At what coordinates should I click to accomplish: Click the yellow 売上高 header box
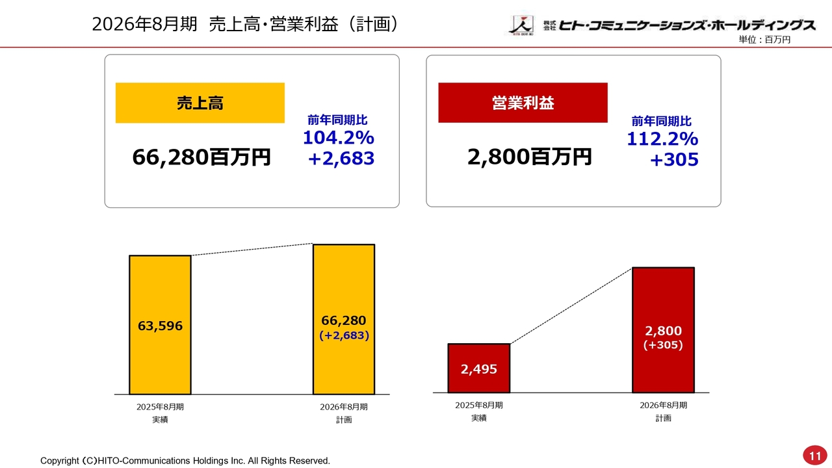[x=200, y=103]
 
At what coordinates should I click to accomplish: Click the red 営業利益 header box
[x=523, y=103]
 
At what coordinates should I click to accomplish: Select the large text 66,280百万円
[x=201, y=157]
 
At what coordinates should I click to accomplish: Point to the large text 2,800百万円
[x=529, y=157]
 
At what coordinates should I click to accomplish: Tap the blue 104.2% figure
[x=338, y=138]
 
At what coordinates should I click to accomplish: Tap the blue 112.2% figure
[x=662, y=138]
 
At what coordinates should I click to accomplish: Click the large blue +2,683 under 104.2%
[x=341, y=158]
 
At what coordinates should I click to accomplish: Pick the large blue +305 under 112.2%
[x=674, y=159]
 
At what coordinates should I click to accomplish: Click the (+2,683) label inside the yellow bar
[x=344, y=335]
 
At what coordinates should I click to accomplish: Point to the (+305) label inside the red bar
[x=663, y=345]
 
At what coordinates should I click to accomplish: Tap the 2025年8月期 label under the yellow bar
[x=160, y=407]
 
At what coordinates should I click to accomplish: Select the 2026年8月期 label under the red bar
[x=663, y=405]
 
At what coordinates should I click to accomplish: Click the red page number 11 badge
[x=813, y=454]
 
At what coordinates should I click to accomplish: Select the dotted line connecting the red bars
[x=571, y=305]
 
